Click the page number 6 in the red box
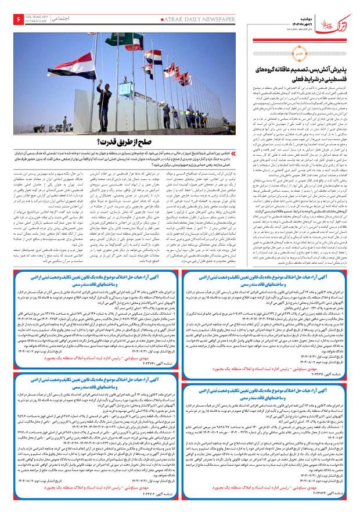coord(13,12)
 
